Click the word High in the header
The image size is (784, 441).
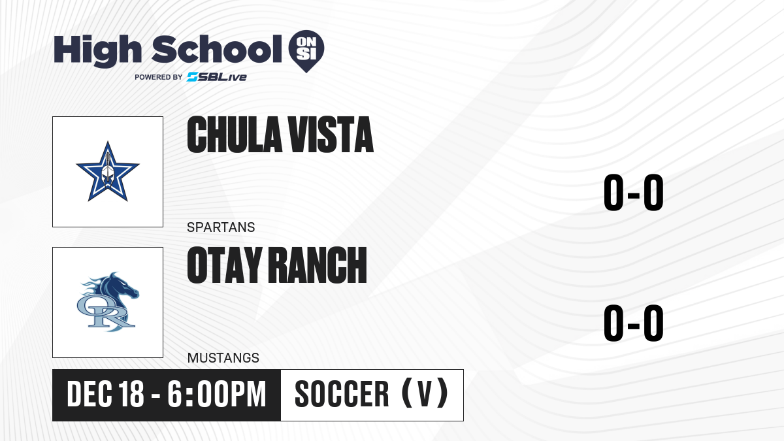(97, 51)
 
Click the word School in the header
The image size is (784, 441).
(217, 49)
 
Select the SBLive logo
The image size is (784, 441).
(217, 76)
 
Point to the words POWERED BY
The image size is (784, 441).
(159, 77)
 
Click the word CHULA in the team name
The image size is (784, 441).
(235, 135)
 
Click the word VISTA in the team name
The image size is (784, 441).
(331, 135)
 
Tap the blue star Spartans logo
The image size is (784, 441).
(108, 171)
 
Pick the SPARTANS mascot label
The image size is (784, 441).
(221, 227)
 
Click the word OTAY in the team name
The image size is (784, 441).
(225, 265)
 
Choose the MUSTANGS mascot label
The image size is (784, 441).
(223, 358)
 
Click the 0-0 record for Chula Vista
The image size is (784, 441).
(634, 193)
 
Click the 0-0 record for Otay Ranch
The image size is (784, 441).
(634, 323)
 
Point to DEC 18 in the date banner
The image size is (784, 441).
(105, 394)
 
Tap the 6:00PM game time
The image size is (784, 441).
(217, 394)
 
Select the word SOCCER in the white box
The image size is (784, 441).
(342, 394)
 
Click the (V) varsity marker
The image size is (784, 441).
(425, 393)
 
